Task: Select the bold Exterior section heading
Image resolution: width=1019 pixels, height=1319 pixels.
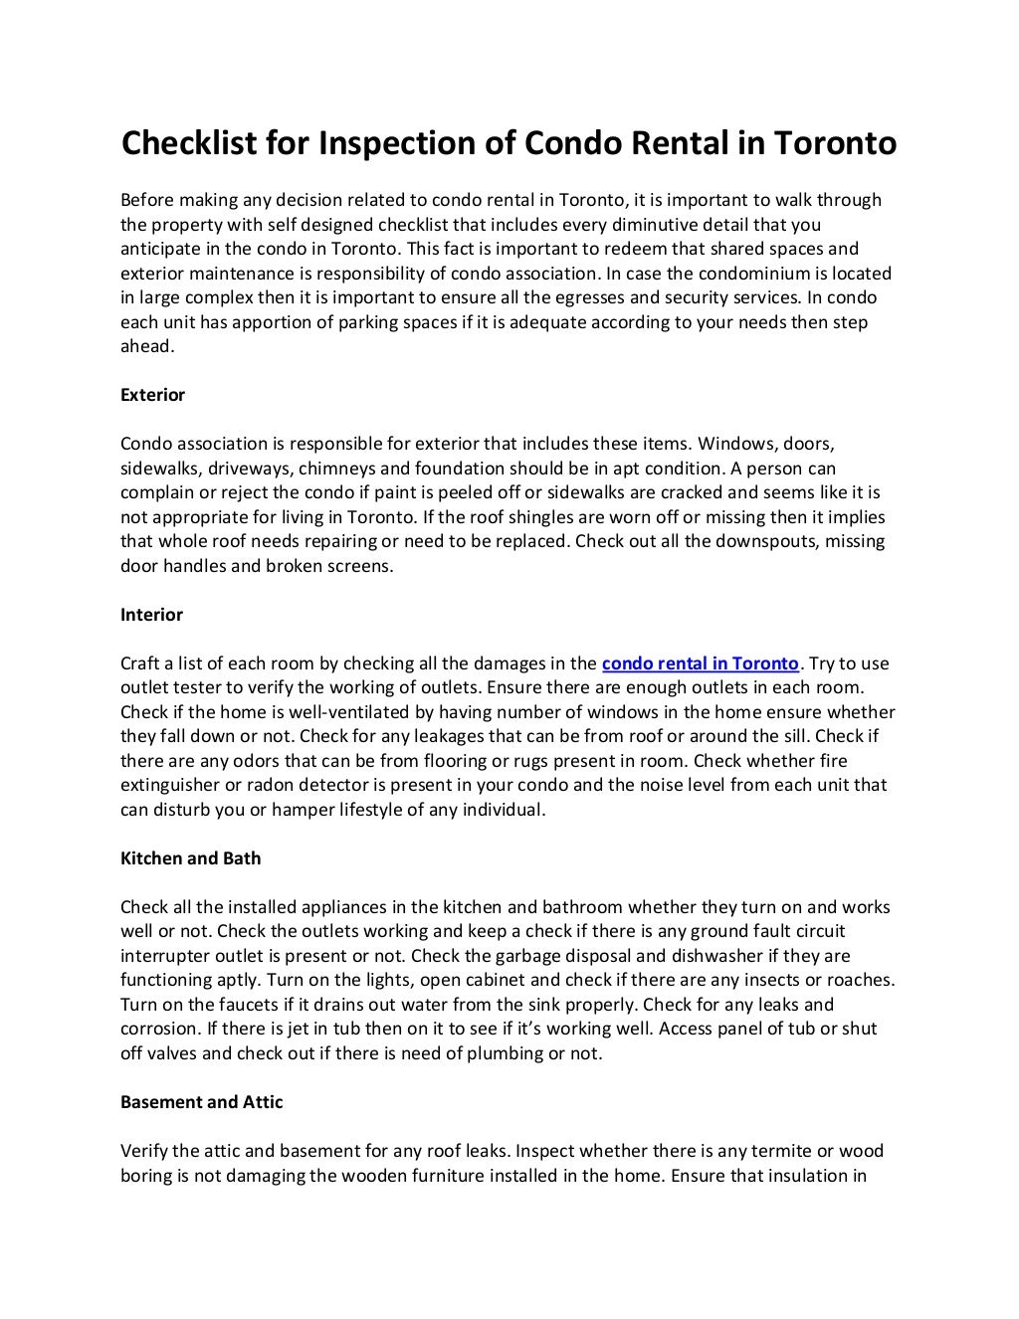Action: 152,395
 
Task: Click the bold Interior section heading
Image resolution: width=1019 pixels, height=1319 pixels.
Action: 151,615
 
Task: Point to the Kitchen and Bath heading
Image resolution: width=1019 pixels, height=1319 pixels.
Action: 190,858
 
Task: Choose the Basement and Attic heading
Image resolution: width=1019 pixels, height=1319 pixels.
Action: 201,1102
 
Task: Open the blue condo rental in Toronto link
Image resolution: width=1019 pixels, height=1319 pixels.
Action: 701,663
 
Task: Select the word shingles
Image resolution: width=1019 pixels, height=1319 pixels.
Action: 546,517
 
